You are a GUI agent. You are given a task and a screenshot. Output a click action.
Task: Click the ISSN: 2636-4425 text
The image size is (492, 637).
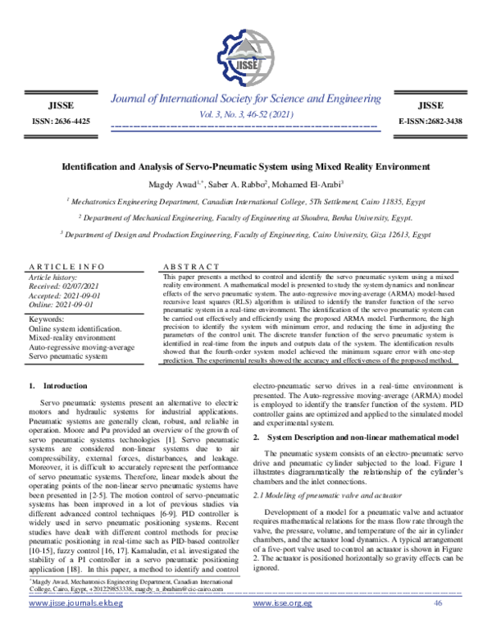(61, 121)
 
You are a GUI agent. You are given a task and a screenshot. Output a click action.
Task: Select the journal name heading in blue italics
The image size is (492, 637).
(245, 99)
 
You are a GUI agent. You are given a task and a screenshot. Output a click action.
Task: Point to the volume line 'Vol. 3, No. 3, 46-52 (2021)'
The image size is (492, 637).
(245, 115)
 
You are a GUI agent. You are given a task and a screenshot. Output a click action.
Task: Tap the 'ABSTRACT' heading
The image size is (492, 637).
(191, 268)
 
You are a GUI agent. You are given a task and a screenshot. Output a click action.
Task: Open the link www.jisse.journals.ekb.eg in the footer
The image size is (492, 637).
(75, 626)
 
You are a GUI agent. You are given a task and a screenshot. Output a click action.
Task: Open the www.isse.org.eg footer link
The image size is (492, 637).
(283, 626)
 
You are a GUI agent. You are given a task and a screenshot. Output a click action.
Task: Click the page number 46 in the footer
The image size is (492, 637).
(437, 625)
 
